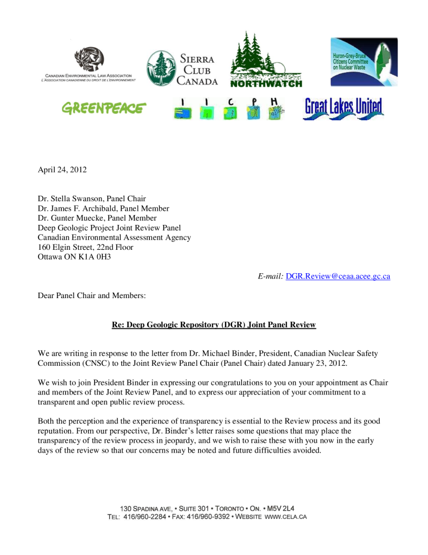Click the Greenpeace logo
point(103,108)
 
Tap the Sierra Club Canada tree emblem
point(161,68)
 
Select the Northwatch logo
point(266,60)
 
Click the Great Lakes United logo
point(343,108)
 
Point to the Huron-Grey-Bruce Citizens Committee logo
point(364,62)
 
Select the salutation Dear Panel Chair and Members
point(91,295)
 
